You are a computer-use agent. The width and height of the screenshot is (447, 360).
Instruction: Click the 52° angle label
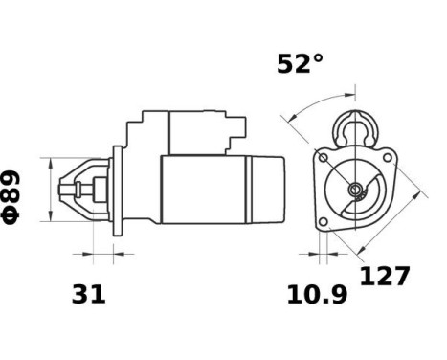(300, 64)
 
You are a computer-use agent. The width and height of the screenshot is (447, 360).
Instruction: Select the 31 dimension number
(88, 296)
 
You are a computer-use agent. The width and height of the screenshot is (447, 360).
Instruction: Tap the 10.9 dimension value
(317, 296)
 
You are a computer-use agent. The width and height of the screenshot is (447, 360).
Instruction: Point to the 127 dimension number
(385, 277)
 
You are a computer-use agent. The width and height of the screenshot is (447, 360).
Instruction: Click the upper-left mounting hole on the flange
(324, 158)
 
